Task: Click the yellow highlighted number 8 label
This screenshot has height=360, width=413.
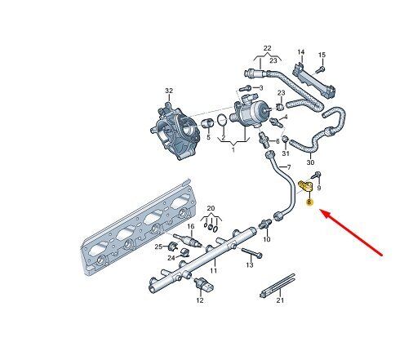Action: [309, 202]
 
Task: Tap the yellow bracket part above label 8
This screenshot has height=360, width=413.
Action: [306, 186]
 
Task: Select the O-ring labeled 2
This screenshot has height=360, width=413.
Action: [222, 121]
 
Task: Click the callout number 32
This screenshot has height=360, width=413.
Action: [169, 91]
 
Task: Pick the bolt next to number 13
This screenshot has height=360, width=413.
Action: [251, 253]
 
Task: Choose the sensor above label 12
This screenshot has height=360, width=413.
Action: [204, 284]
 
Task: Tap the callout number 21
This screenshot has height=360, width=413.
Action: [280, 300]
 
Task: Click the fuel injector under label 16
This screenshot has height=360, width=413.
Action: [188, 239]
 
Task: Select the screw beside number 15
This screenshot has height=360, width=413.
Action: [320, 69]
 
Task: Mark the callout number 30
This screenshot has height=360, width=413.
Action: [310, 162]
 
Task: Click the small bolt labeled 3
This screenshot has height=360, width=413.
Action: [246, 88]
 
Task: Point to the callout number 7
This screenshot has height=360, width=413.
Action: [289, 167]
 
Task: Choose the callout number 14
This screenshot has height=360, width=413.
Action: [300, 51]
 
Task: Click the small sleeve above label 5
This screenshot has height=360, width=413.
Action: [208, 123]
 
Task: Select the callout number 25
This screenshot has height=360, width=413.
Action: [158, 247]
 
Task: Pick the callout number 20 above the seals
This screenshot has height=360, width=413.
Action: [211, 208]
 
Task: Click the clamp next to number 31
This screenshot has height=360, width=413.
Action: [285, 140]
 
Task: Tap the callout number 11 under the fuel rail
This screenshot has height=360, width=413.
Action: [214, 270]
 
